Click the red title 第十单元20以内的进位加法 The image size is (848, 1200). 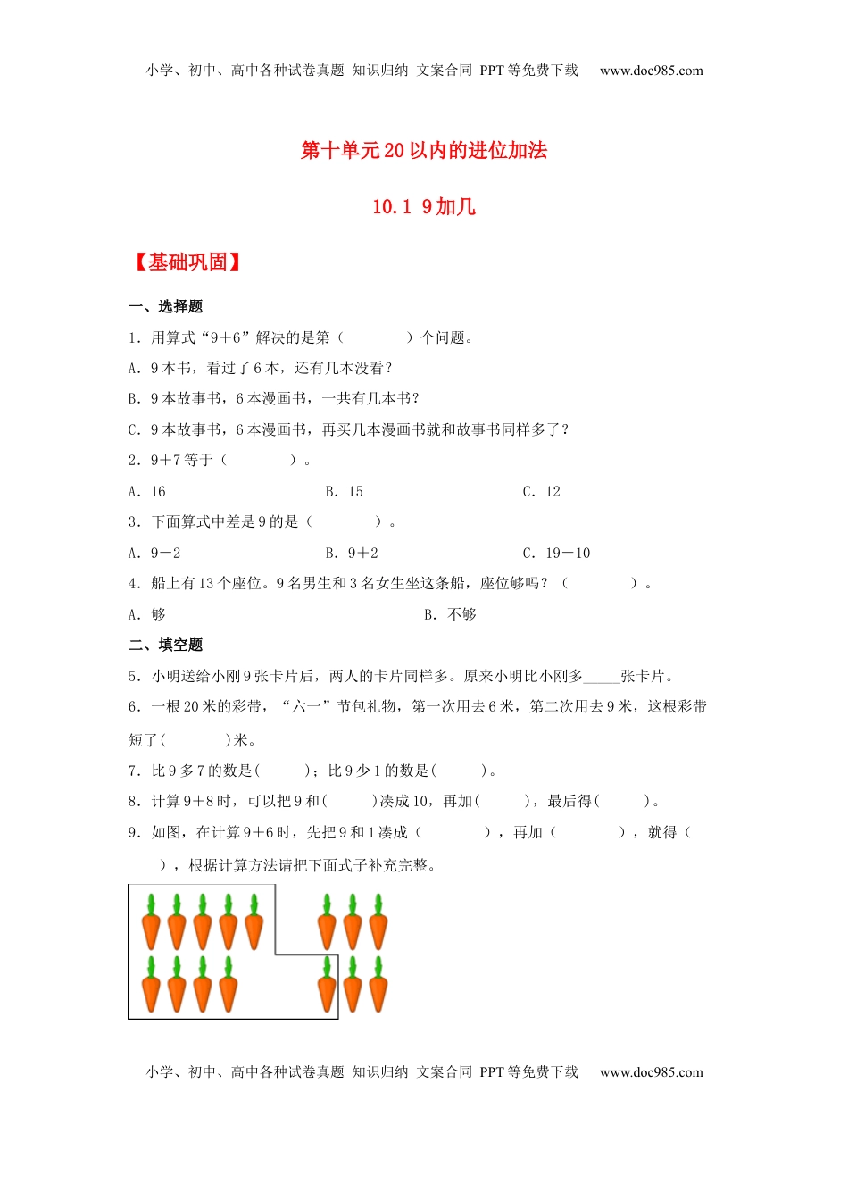tap(424, 150)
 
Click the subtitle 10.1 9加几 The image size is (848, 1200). tap(424, 207)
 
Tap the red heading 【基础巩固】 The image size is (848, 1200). tap(187, 262)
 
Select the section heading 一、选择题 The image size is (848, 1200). tap(166, 307)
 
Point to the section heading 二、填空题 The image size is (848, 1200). tap(166, 646)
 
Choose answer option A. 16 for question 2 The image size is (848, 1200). tap(147, 492)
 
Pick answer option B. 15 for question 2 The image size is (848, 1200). tap(345, 492)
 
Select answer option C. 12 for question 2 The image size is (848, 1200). tap(542, 492)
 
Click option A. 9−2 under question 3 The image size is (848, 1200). tap(154, 554)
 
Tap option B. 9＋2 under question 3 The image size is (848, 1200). tap(352, 554)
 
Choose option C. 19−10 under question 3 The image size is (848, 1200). tap(557, 554)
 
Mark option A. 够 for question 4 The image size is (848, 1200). tap(147, 615)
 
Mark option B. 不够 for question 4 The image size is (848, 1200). tap(451, 615)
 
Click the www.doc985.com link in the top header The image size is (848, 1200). tap(652, 71)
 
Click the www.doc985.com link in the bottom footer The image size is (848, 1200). tap(652, 1072)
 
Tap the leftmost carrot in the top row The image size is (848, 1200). tap(151, 922)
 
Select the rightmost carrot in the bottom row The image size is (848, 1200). tap(378, 985)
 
